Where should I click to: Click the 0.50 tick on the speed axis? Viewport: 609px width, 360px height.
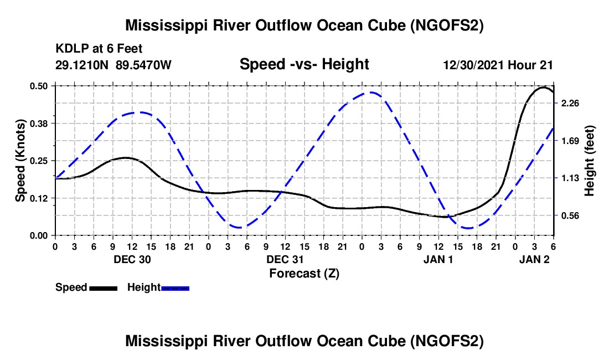pyautogui.click(x=38, y=86)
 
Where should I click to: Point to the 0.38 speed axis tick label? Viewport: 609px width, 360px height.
pyautogui.click(x=38, y=124)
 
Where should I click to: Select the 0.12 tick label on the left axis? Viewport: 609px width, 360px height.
pyautogui.click(x=38, y=198)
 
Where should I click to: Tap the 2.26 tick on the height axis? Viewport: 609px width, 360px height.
pyautogui.click(x=570, y=103)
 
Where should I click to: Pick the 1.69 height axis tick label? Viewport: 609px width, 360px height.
pyautogui.click(x=570, y=141)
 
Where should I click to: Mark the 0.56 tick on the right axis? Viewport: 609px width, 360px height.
pyautogui.click(x=570, y=215)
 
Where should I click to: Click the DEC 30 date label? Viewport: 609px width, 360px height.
pyautogui.click(x=132, y=259)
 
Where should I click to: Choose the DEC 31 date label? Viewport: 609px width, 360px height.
pyautogui.click(x=285, y=259)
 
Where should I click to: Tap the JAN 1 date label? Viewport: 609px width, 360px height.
pyautogui.click(x=438, y=259)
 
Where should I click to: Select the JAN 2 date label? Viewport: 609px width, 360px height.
pyautogui.click(x=534, y=259)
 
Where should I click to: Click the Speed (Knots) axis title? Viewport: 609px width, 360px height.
pyautogui.click(x=20, y=161)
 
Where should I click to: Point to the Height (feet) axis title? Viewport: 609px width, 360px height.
pyautogui.click(x=589, y=161)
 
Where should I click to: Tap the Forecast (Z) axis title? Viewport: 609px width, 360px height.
pyautogui.click(x=304, y=274)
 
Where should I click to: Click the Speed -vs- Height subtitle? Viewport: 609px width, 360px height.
pyautogui.click(x=304, y=64)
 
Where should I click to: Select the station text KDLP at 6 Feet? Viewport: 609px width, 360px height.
pyautogui.click(x=99, y=49)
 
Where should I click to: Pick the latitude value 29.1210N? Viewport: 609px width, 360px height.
pyautogui.click(x=81, y=65)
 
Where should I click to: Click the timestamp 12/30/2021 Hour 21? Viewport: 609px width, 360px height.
pyautogui.click(x=498, y=65)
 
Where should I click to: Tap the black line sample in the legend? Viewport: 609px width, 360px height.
pyautogui.click(x=104, y=288)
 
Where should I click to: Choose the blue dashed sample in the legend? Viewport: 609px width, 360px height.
pyautogui.click(x=175, y=288)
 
